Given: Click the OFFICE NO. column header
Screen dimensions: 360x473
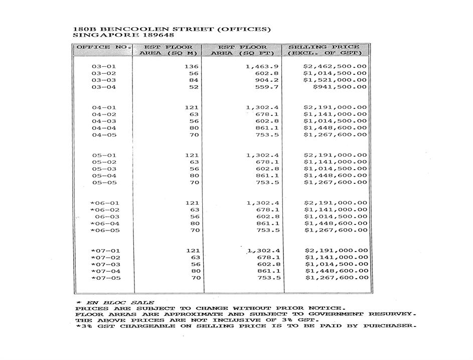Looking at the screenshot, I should pyautogui.click(x=103, y=47).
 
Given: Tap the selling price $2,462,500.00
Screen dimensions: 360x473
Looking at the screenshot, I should pyautogui.click(x=335, y=66).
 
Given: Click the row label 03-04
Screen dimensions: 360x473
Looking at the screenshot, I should pyautogui.click(x=104, y=87).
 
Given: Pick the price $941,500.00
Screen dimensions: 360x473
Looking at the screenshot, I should pyautogui.click(x=340, y=87).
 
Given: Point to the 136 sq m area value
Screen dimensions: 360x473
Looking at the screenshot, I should pyautogui.click(x=192, y=66).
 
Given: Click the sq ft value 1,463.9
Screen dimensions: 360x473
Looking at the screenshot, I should pyautogui.click(x=262, y=66).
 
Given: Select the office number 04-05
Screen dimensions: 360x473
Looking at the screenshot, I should pyautogui.click(x=104, y=135).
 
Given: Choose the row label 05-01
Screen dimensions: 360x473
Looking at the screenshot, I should pyautogui.click(x=104, y=155).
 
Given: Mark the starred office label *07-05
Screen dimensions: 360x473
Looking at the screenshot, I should pyautogui.click(x=105, y=278).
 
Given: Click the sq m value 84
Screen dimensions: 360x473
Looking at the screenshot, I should pyautogui.click(x=194, y=80).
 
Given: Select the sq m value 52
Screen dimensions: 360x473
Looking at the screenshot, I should pyautogui.click(x=194, y=87).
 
